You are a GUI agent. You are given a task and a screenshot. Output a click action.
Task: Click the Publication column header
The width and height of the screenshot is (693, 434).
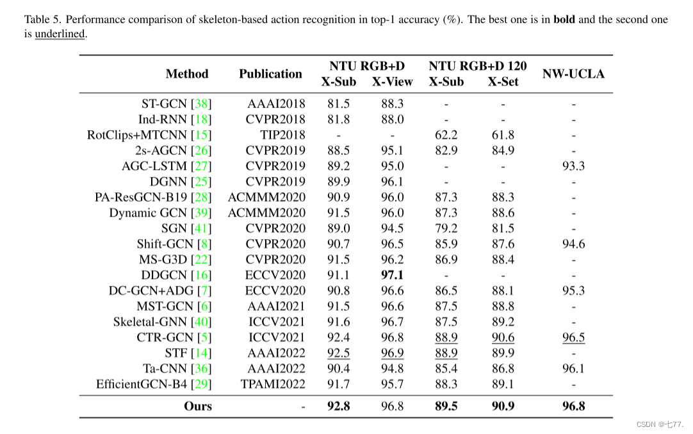tap(270, 74)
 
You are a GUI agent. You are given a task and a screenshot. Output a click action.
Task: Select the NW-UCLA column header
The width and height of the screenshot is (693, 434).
tap(573, 74)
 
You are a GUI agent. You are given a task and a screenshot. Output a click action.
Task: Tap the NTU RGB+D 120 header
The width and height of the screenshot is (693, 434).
tap(478, 66)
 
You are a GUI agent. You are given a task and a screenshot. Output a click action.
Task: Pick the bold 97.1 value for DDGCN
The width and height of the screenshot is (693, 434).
tap(392, 275)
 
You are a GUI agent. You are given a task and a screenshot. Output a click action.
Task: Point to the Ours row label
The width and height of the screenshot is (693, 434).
tap(197, 406)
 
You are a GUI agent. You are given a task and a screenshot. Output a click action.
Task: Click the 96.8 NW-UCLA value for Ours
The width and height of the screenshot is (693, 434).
tap(573, 406)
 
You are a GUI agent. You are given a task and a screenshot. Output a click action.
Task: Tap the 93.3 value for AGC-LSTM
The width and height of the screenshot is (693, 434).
tap(573, 166)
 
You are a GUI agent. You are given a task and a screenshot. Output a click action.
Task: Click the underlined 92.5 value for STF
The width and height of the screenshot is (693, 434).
tap(338, 353)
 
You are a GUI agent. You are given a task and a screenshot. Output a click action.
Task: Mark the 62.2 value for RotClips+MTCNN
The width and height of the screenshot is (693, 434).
tap(446, 135)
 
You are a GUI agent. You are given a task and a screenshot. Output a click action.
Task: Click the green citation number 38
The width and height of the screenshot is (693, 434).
tap(202, 103)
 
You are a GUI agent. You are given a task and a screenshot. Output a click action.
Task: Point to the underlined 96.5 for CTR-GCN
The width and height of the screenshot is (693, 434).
tap(573, 338)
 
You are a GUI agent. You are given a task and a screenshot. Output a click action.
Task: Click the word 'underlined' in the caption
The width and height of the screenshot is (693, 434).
tap(60, 33)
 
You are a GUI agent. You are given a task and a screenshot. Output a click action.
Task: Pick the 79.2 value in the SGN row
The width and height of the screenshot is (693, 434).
tap(446, 228)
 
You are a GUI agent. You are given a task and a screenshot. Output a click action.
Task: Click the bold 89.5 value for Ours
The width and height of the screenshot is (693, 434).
tap(446, 406)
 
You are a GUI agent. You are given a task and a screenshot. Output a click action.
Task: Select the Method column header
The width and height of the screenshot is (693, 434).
tap(187, 74)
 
